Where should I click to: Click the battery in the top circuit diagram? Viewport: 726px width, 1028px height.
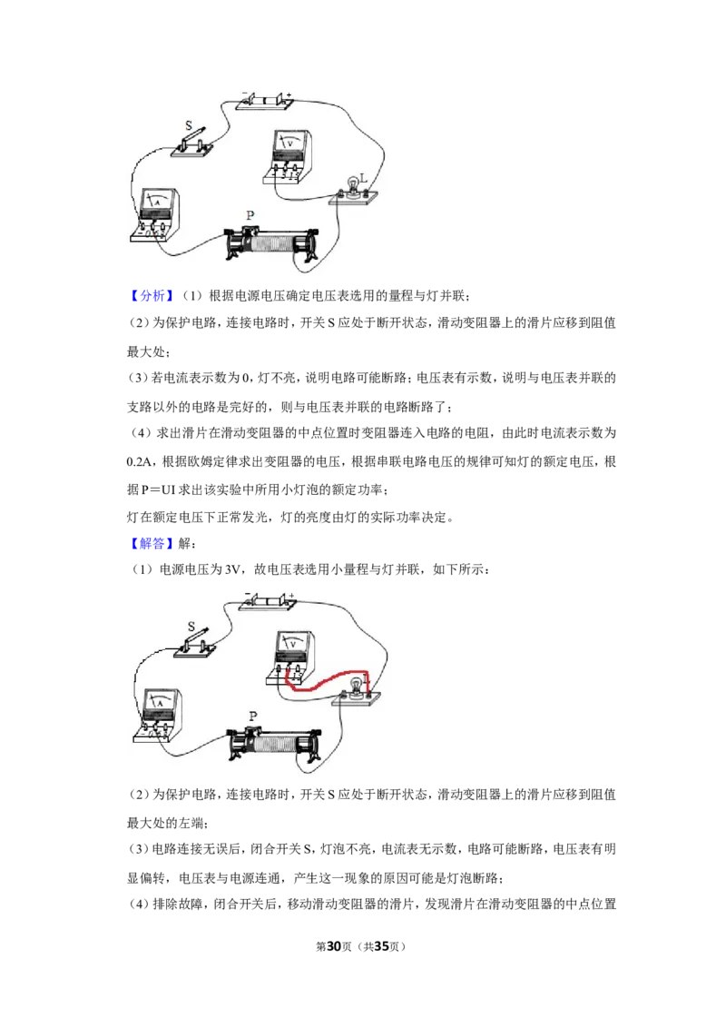264,101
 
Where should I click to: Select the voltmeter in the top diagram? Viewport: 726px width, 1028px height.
288,156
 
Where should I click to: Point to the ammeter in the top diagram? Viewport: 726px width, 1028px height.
155,215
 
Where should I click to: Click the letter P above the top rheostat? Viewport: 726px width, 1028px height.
250,215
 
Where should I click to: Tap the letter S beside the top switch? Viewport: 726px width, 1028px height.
189,125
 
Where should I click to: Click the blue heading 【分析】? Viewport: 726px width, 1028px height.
152,296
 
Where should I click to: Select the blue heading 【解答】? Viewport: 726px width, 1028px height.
152,543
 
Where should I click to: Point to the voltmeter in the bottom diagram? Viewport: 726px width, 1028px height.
291,657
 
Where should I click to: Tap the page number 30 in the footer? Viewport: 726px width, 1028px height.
334,946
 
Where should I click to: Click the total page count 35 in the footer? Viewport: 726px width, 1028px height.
381,946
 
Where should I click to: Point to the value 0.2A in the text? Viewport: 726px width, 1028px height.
139,462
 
